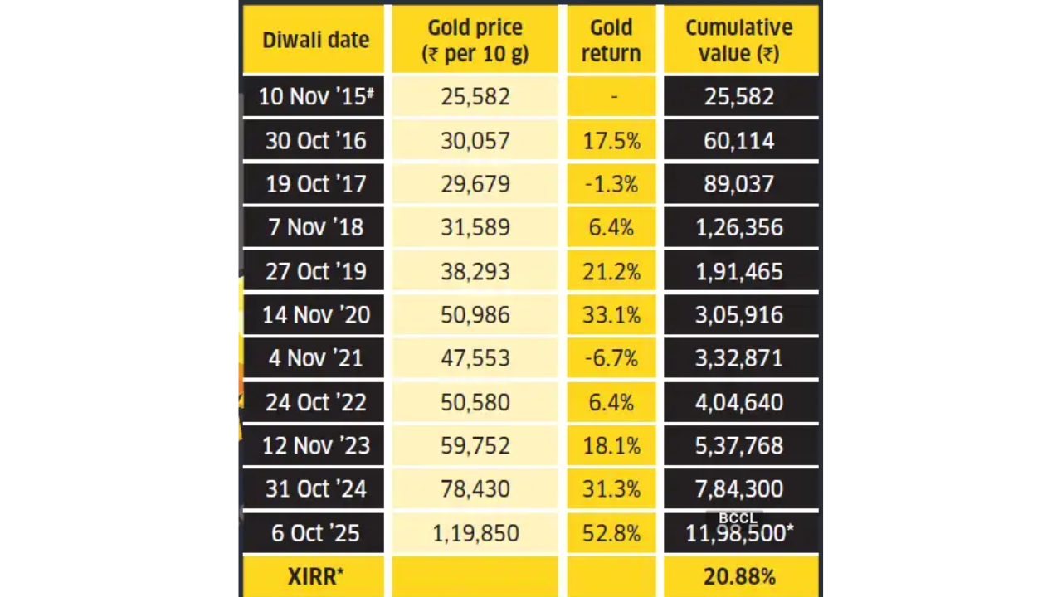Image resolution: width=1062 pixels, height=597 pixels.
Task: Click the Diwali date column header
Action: (x=315, y=40)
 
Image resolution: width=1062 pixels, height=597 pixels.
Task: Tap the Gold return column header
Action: (x=611, y=40)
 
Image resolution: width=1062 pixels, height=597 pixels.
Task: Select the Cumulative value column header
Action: (x=738, y=40)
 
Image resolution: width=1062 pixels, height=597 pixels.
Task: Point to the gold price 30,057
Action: (x=475, y=140)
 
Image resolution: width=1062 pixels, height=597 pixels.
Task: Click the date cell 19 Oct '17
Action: (x=315, y=184)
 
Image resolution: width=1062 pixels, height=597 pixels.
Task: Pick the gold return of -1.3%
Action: (x=611, y=184)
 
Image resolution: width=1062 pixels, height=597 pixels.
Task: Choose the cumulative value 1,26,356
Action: (x=738, y=228)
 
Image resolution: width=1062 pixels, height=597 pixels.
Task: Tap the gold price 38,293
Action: (x=475, y=271)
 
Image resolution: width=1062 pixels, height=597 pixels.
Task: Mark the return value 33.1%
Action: (x=611, y=315)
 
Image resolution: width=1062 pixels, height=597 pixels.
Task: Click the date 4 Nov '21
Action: (x=315, y=358)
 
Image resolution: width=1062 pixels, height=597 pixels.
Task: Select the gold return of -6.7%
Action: (x=611, y=358)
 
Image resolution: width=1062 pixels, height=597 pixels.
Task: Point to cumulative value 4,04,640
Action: (x=738, y=402)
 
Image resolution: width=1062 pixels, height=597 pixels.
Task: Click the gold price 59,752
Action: (x=475, y=446)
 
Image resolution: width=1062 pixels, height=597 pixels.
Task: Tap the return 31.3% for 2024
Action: (x=611, y=489)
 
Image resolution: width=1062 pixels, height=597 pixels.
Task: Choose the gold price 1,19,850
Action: (x=475, y=533)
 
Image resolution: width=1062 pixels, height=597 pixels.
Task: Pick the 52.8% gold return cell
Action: (x=611, y=533)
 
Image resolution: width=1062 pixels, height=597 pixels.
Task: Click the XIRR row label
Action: (x=315, y=576)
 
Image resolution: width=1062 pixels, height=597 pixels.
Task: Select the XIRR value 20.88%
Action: (x=738, y=576)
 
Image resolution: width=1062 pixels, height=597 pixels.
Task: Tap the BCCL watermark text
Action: (x=737, y=518)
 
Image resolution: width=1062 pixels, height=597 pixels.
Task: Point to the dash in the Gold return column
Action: (x=613, y=97)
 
